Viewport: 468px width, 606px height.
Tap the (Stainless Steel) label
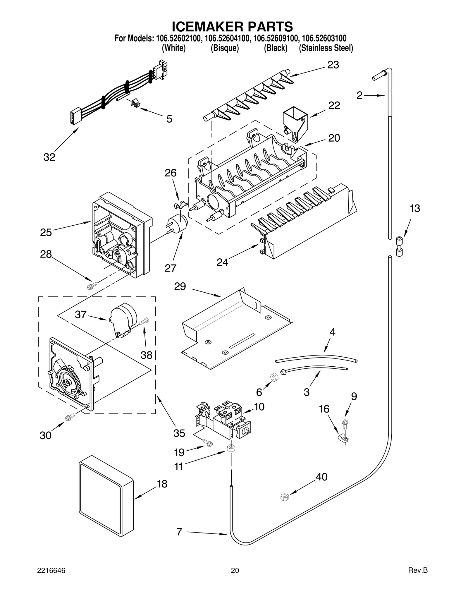(x=326, y=48)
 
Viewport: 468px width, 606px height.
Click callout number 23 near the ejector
(x=333, y=65)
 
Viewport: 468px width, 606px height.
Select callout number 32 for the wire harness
(x=49, y=157)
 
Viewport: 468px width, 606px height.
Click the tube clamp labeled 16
(x=342, y=439)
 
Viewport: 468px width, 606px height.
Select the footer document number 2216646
(x=51, y=578)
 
